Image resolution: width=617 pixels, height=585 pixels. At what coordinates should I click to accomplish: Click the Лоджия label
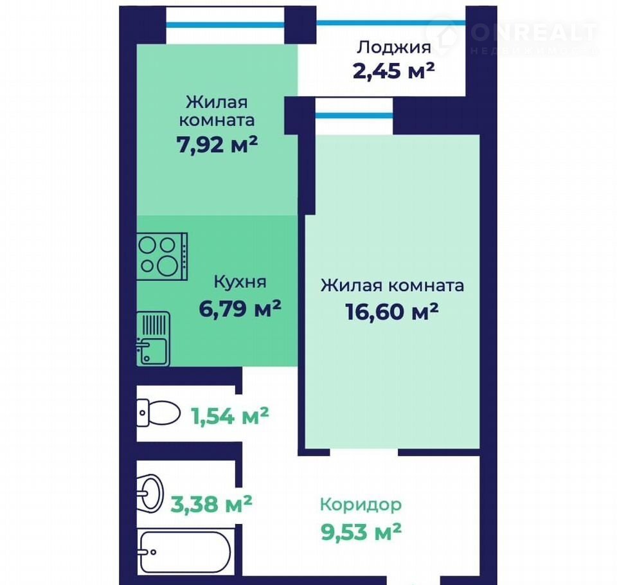coord(393,48)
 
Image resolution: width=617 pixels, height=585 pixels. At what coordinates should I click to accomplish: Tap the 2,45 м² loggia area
coord(393,71)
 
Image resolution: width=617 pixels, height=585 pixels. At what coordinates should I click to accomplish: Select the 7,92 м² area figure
coord(217,145)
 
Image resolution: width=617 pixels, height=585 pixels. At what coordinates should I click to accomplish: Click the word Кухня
coord(240,282)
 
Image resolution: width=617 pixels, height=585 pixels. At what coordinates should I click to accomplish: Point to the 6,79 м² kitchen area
coord(240,309)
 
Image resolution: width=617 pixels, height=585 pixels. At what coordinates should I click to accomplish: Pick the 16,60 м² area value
coord(392,311)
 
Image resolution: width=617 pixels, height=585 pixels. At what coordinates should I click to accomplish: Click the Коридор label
coord(361,504)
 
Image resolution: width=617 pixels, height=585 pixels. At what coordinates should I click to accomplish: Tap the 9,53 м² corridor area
coord(361,532)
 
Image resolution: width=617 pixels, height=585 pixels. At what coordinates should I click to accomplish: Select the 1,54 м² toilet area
coord(230,416)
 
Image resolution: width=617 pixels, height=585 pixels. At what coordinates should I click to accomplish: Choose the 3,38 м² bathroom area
coord(211,504)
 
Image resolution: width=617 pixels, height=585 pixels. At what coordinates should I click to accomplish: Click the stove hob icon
coord(162,256)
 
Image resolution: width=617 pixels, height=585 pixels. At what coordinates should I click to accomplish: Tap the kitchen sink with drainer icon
coord(154,339)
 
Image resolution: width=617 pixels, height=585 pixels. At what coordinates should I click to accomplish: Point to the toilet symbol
coord(159,413)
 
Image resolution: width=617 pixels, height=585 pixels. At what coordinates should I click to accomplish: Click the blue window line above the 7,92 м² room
coord(225,25)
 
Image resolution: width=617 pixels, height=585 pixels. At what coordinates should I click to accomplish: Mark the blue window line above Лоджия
coord(391,23)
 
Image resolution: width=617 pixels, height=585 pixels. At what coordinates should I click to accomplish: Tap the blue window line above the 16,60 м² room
coord(354,115)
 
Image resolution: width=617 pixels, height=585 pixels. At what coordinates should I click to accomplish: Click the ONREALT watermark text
coord(533,32)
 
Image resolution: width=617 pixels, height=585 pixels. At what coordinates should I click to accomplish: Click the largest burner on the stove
coord(168,265)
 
